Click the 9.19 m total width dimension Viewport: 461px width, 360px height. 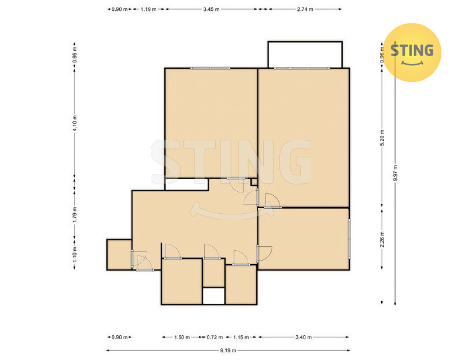[228, 350]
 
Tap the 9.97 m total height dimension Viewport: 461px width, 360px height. [395, 173]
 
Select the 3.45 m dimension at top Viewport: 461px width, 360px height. [211, 9]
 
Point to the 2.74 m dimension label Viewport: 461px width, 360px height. [305, 9]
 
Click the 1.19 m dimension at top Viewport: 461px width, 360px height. [149, 9]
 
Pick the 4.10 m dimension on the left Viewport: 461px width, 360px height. [75, 123]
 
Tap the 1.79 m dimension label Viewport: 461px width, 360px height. [75, 215]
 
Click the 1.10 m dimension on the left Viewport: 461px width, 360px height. [75, 254]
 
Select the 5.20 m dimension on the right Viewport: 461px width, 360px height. [382, 138]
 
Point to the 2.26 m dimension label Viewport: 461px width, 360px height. [382, 239]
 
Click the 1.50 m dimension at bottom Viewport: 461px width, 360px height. [182, 337]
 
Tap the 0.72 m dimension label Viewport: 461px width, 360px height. [215, 337]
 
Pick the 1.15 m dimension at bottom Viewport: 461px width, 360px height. [241, 337]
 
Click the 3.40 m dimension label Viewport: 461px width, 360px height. [303, 337]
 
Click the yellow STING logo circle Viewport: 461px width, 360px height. [412, 52]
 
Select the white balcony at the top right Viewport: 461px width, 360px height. [305, 55]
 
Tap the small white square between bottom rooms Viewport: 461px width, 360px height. [214, 296]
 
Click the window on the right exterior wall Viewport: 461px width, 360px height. [349, 238]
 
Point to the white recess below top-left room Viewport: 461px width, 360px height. [187, 184]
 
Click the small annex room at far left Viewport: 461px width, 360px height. [119, 255]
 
